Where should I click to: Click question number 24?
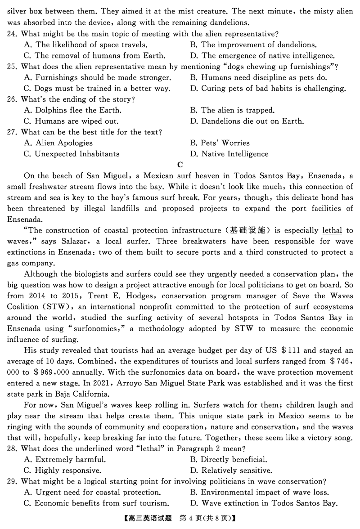pyautogui.click(x=13, y=34)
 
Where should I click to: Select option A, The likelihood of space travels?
pyautogui.click(x=85, y=45)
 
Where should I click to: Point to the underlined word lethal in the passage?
pyautogui.click(x=332, y=231)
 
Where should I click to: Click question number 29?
pyautogui.click(x=13, y=482)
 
